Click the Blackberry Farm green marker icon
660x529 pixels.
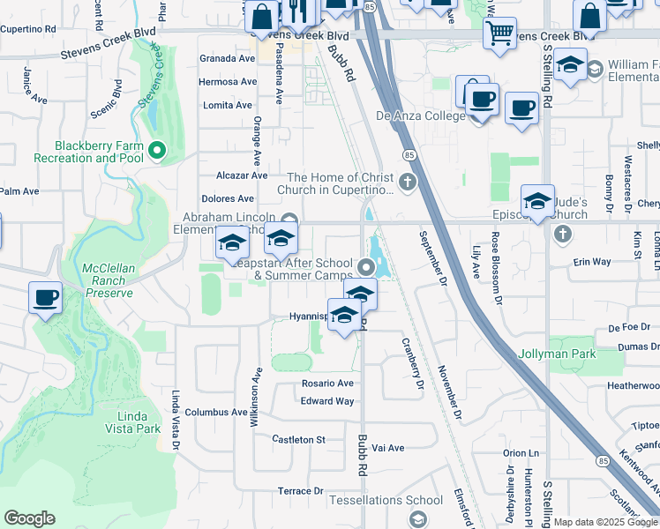pyautogui.click(x=158, y=151)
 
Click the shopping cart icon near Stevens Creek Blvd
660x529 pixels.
pyautogui.click(x=499, y=34)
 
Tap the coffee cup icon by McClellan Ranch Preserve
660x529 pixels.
pyautogui.click(x=46, y=297)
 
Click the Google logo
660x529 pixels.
pyautogui.click(x=29, y=518)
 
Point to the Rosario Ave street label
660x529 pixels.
pyautogui.click(x=327, y=384)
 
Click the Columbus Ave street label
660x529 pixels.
pyautogui.click(x=216, y=412)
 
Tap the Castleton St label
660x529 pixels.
pyautogui.click(x=299, y=439)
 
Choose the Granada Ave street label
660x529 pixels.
pyautogui.click(x=228, y=58)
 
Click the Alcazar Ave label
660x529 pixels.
pyautogui.click(x=235, y=175)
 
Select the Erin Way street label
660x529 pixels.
pyautogui.click(x=592, y=262)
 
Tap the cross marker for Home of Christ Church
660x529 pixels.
pyautogui.click(x=407, y=183)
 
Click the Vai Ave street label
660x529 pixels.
pyautogui.click(x=388, y=448)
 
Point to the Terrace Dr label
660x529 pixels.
pyautogui.click(x=301, y=491)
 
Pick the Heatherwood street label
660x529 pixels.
pyautogui.click(x=633, y=385)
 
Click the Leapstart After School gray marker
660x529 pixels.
pyautogui.click(x=367, y=265)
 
